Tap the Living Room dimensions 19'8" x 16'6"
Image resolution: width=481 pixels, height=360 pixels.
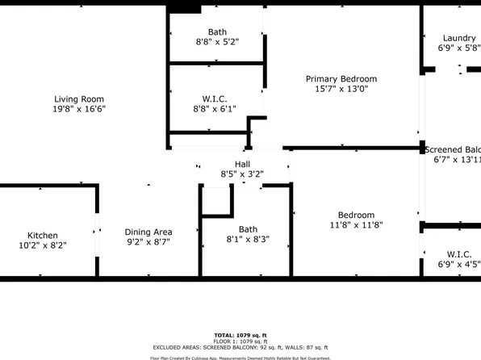[x=80, y=109]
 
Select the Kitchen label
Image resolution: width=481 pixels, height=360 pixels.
[x=43, y=235]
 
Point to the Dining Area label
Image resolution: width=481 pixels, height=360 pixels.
[x=149, y=232]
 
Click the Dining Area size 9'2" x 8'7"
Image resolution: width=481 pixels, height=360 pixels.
[x=149, y=242]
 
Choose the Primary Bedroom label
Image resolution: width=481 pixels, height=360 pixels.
[x=341, y=79]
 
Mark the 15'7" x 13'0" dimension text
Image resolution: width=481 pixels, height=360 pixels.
[x=341, y=90]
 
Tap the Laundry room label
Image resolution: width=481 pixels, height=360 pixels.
[x=459, y=38]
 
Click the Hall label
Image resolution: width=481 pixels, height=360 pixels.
[x=242, y=164]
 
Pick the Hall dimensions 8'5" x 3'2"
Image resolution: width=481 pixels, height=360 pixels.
[x=242, y=174]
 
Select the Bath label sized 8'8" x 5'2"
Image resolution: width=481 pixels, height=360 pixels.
[x=216, y=31]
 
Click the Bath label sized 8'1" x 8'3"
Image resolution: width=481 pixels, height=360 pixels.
[x=248, y=228]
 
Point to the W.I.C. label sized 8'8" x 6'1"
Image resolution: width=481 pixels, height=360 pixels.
[x=215, y=98]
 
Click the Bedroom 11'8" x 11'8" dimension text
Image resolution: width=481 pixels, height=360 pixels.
[x=356, y=225]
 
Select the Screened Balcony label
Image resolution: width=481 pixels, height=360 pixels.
[x=453, y=149]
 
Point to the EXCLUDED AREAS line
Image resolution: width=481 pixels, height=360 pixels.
[x=240, y=346]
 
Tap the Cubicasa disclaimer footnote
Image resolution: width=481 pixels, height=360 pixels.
[x=240, y=357]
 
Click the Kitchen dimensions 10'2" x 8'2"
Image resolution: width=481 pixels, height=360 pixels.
[x=43, y=245]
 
